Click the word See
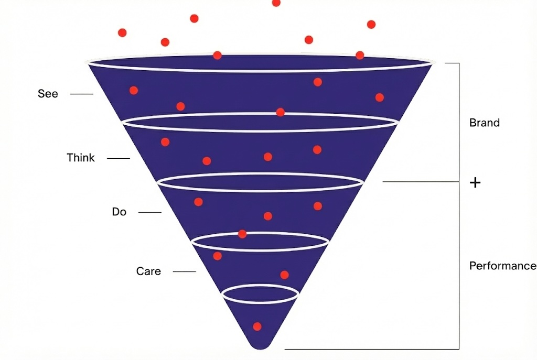click(x=48, y=94)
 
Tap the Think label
click(x=81, y=158)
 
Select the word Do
click(x=119, y=212)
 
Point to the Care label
click(x=148, y=271)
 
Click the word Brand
click(x=484, y=123)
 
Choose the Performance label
click(x=502, y=266)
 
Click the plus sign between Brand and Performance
click(x=475, y=183)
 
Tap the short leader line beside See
click(x=81, y=94)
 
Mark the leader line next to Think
click(x=118, y=158)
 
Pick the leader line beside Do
click(x=150, y=212)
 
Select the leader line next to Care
click(x=184, y=271)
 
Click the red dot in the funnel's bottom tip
click(x=257, y=326)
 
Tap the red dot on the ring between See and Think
click(x=280, y=112)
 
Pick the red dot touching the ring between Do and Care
click(x=242, y=234)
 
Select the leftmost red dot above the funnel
click(x=122, y=32)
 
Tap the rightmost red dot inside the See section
click(x=379, y=97)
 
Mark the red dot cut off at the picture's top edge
click(x=276, y=3)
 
